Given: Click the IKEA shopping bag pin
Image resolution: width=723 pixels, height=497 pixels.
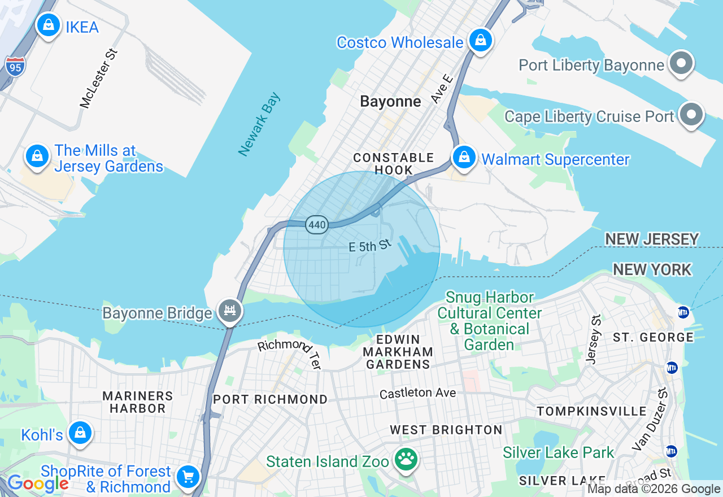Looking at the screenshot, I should (49, 25).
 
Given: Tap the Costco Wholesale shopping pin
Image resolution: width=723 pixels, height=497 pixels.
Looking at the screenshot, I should (480, 41).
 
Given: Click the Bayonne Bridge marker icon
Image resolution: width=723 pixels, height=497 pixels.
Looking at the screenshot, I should (230, 311).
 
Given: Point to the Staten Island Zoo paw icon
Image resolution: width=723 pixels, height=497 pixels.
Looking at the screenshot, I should (405, 459).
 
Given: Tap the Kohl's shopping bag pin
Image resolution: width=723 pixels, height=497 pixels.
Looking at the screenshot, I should (80, 433).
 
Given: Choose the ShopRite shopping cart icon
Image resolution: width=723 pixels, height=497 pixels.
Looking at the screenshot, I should (188, 477).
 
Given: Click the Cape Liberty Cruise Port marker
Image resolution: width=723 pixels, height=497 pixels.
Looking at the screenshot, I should (691, 115).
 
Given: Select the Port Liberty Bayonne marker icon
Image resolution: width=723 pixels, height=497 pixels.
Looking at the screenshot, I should (681, 63).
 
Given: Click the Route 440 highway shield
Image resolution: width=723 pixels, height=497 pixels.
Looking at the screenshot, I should (317, 225).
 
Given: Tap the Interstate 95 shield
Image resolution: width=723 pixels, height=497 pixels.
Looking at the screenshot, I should (15, 66).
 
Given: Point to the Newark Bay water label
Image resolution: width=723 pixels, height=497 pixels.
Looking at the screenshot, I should (259, 125).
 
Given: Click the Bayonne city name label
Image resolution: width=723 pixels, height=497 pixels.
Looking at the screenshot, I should (390, 102).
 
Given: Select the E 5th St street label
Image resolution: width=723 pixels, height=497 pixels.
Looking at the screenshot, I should (369, 246).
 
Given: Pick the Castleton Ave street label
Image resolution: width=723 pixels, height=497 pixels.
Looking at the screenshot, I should (417, 393).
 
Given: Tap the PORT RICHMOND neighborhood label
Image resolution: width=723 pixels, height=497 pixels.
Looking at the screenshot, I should (270, 399).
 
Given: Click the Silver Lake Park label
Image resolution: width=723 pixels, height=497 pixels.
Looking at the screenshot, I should (558, 452).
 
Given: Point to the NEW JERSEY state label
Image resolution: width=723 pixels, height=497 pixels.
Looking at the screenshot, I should (652, 239).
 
